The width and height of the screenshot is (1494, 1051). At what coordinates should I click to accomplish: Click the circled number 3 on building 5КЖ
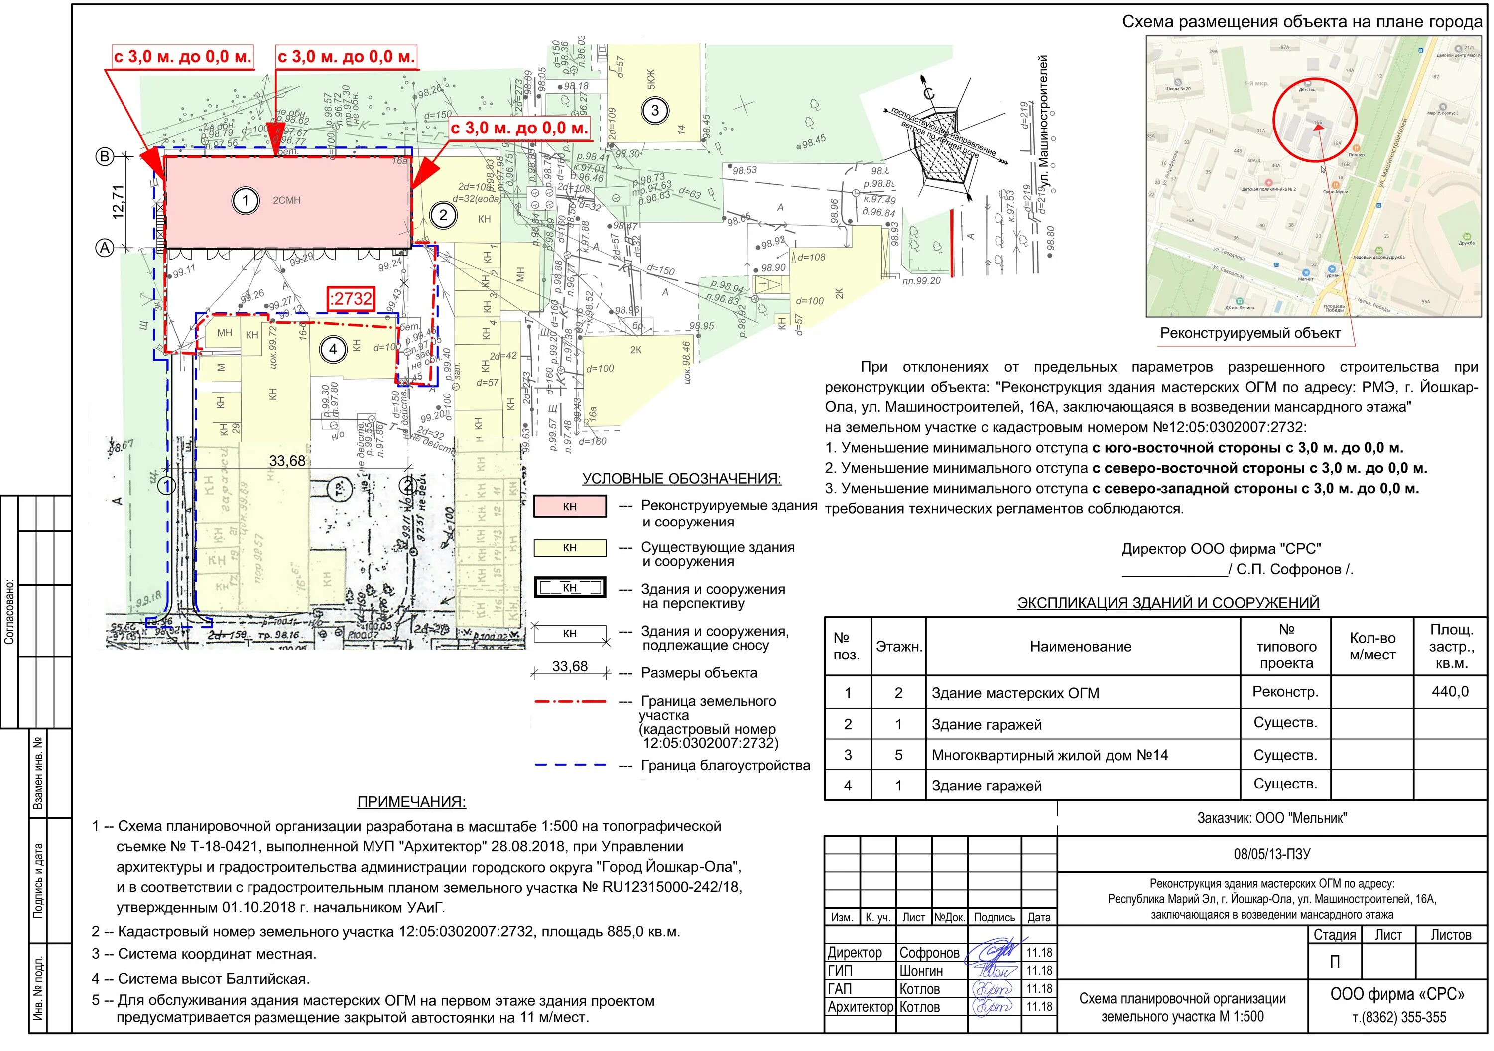click(x=654, y=110)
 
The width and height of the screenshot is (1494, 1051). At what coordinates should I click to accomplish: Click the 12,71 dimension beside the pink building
click(x=118, y=202)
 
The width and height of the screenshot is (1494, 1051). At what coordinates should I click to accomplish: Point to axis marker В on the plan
click(x=104, y=156)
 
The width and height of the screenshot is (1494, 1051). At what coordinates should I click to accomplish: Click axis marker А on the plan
click(x=104, y=247)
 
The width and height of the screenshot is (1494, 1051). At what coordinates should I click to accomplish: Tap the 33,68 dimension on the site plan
click(x=287, y=461)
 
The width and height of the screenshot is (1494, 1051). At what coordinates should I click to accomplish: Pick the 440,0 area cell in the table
click(x=1450, y=691)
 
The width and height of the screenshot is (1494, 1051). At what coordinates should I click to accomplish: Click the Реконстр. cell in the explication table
click(x=1285, y=692)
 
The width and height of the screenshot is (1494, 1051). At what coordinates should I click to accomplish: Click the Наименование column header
click(x=1080, y=646)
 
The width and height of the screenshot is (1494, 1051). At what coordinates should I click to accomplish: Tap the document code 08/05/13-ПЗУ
click(x=1271, y=854)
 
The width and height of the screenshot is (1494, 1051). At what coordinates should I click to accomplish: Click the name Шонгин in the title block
click(x=921, y=971)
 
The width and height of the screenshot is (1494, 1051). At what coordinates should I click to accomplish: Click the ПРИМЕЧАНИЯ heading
click(x=411, y=802)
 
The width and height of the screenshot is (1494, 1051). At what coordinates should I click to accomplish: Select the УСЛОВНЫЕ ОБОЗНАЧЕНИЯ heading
click(x=681, y=478)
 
